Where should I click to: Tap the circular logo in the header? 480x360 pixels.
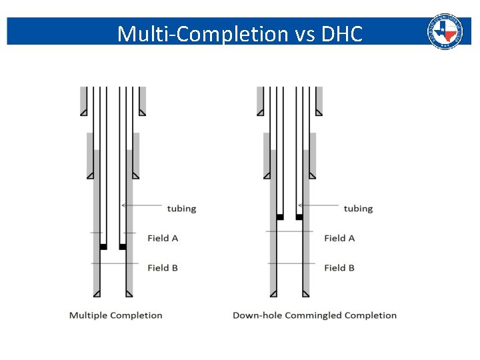click(445, 31)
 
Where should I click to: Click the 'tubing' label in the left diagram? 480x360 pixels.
click(181, 209)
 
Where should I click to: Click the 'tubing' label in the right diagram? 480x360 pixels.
click(358, 209)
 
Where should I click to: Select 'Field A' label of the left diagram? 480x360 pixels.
click(163, 238)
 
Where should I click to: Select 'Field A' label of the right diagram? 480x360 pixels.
click(339, 238)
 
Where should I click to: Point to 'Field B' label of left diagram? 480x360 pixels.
click(163, 268)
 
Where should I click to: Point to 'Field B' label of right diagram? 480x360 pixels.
click(339, 268)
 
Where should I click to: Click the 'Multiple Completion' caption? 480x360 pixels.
click(116, 315)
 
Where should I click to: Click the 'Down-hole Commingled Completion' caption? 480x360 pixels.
click(315, 315)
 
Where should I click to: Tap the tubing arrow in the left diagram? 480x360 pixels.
click(142, 205)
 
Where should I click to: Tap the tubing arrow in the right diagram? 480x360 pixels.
click(318, 205)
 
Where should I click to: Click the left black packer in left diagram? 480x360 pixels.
click(103, 247)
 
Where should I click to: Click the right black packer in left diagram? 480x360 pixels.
click(123, 247)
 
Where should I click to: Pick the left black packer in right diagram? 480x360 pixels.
click(280, 217)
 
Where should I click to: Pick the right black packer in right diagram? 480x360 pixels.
click(299, 217)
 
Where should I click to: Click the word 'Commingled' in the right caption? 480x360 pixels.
click(311, 315)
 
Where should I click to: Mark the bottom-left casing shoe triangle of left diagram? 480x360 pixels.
click(97, 293)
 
